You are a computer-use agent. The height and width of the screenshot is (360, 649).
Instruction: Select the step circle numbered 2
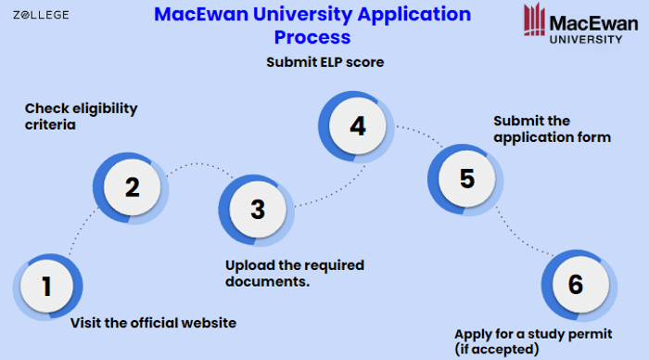(132, 187)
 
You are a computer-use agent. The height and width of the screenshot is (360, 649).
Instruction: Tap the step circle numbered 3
(257, 209)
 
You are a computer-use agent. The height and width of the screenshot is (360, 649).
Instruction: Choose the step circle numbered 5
(466, 177)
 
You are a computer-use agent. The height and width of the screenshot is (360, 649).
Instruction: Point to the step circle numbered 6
(575, 284)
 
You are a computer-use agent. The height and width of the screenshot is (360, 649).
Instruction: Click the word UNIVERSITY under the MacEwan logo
(586, 39)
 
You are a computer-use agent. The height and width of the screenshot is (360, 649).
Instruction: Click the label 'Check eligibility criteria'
(81, 116)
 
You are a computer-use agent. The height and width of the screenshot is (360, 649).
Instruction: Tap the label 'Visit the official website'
(154, 323)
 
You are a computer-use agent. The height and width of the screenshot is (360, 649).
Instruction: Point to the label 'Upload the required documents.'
(294, 273)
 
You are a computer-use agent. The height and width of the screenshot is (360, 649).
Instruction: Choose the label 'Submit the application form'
(552, 129)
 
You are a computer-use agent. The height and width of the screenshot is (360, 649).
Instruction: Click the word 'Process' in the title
(312, 37)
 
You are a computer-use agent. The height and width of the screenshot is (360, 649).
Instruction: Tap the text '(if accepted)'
(496, 349)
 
